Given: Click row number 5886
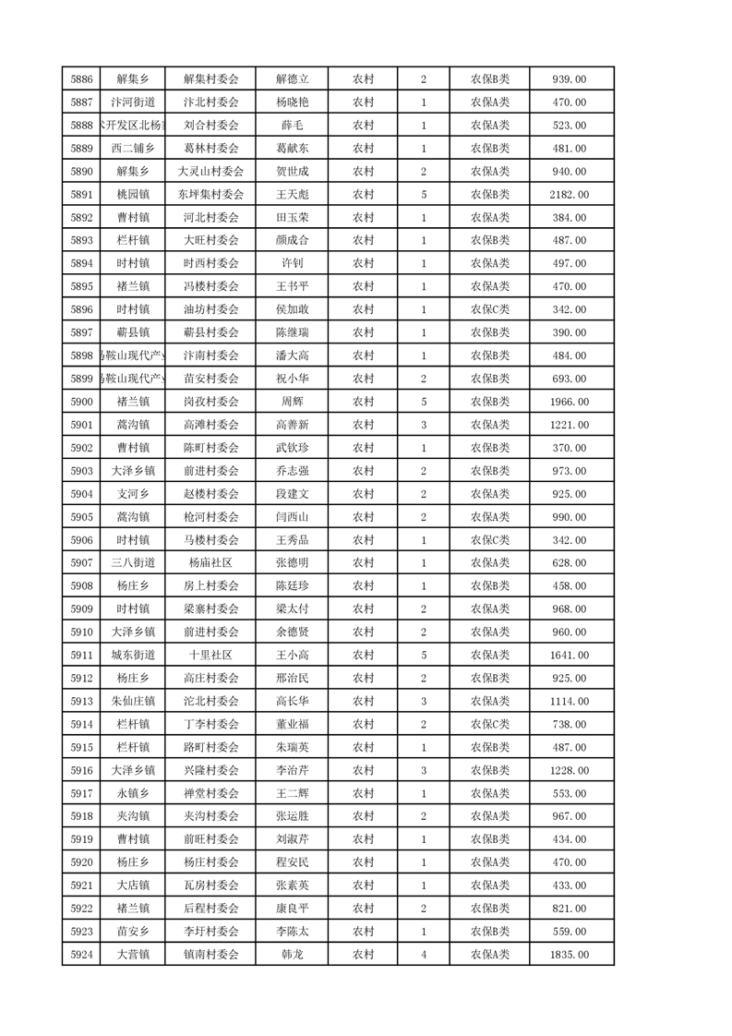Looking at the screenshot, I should pyautogui.click(x=81, y=79).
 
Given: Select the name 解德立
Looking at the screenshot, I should pyautogui.click(x=292, y=79).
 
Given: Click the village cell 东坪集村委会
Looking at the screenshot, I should pyautogui.click(x=211, y=195).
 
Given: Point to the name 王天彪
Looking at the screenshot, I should pyautogui.click(x=292, y=195).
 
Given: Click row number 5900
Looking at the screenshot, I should pyautogui.click(x=81, y=402).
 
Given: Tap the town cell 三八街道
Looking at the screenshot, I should pyautogui.click(x=133, y=563).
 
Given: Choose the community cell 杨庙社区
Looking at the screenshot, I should pyautogui.click(x=211, y=563).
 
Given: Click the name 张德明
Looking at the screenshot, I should pyautogui.click(x=292, y=563).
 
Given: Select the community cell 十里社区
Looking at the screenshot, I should pyautogui.click(x=211, y=656).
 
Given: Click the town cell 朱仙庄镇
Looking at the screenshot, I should pyautogui.click(x=133, y=701).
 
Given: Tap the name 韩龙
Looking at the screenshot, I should pyautogui.click(x=292, y=955).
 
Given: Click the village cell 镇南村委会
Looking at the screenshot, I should pyautogui.click(x=211, y=955).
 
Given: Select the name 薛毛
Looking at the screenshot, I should pyautogui.click(x=292, y=126).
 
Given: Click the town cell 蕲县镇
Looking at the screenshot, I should pyautogui.click(x=133, y=332).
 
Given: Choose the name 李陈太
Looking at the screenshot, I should pyautogui.click(x=292, y=932).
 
